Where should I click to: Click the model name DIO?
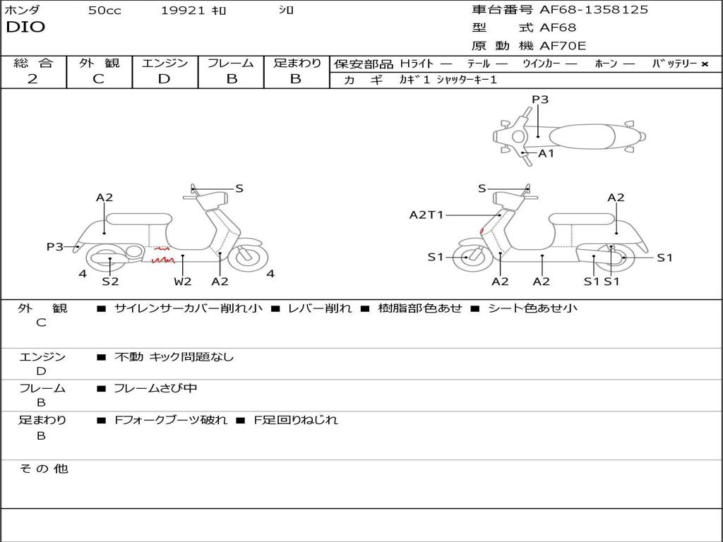point(25,28)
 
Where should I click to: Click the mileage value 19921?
point(182,11)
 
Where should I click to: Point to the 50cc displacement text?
point(104,11)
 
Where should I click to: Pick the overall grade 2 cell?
point(32,79)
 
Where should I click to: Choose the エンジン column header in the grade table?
point(165,63)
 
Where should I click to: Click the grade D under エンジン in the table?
point(164,79)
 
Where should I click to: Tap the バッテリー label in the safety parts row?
point(675,64)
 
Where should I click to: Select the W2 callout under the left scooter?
point(183,282)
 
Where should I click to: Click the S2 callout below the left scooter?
point(110,282)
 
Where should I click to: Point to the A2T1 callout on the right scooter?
point(426,215)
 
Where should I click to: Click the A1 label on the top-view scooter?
point(546,153)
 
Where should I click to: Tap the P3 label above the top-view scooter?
point(540,100)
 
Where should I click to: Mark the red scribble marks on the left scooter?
point(163,255)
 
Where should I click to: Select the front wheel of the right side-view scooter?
point(467,257)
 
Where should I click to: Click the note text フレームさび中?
point(155,388)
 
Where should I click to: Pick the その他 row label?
point(44,469)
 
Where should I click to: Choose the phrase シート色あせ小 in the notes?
point(532,308)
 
